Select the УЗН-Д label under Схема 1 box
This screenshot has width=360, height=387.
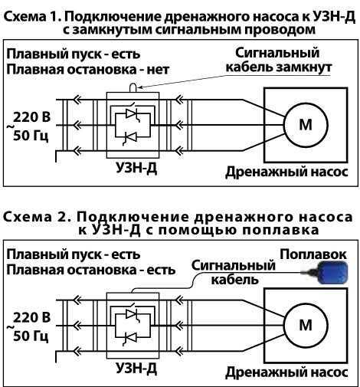pos(136,168)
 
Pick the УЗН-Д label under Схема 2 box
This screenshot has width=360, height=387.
pos(136,369)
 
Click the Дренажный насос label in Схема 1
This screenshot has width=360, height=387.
pos(286,172)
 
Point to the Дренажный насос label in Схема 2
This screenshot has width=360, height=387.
pos(286,372)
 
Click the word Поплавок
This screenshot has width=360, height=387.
pos(313,254)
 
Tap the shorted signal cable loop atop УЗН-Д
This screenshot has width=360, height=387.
pos(133,87)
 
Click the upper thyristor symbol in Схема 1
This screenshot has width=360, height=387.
pos(133,113)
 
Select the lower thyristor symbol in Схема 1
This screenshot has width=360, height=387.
pos(131,138)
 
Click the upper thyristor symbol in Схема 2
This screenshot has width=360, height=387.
pos(133,313)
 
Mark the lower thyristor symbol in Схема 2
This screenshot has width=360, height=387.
pos(131,338)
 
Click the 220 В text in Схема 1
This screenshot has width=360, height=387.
pos(31,117)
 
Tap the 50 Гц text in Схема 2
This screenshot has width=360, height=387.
pos(31,336)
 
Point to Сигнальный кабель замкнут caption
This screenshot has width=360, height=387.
pos(278,60)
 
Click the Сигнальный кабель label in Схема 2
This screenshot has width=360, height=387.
pos(234,272)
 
